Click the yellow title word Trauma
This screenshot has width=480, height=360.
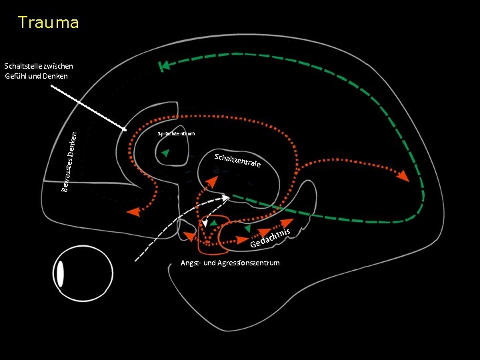49,23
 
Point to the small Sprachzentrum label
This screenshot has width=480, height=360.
176,134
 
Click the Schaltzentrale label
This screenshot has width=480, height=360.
237,161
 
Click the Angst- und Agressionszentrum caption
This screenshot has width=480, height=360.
230,263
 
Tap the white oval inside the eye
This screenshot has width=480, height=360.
60,274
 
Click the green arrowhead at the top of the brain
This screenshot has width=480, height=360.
164,65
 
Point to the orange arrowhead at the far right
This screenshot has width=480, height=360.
401,177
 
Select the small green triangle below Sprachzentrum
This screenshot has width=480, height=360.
165,154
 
